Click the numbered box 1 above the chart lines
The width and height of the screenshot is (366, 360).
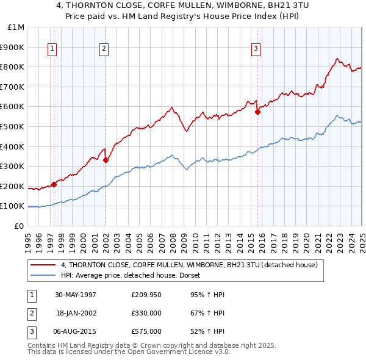point(52,49)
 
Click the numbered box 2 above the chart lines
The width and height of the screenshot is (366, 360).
point(104,49)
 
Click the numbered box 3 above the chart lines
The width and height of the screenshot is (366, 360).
point(256,49)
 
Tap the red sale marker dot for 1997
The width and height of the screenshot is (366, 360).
point(54,184)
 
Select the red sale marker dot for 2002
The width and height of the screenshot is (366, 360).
point(106,160)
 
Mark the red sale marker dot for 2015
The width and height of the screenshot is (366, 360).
point(257,111)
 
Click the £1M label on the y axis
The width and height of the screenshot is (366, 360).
point(16,27)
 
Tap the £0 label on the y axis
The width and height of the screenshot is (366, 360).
point(19,226)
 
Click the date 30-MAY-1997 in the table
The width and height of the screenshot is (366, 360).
point(76,295)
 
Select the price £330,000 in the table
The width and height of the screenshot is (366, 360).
point(146,313)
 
